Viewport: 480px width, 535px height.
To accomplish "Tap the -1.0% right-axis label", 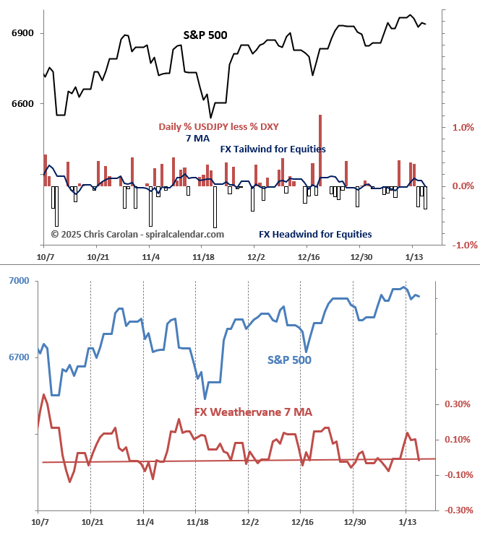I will pyautogui.click(x=462, y=245).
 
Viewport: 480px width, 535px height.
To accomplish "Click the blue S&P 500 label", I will pyautogui.click(x=289, y=359).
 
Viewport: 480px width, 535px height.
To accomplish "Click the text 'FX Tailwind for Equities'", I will pyautogui.click(x=273, y=149).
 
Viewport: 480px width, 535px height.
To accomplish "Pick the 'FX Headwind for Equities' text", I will pyautogui.click(x=315, y=234).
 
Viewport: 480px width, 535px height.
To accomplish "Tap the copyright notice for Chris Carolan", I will pyautogui.click(x=137, y=234).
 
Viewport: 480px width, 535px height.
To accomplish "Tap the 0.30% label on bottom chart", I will pyautogui.click(x=458, y=404).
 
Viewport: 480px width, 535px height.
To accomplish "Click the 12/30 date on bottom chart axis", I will pyautogui.click(x=353, y=521).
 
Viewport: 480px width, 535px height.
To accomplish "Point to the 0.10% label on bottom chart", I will pyautogui.click(x=458, y=440).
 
